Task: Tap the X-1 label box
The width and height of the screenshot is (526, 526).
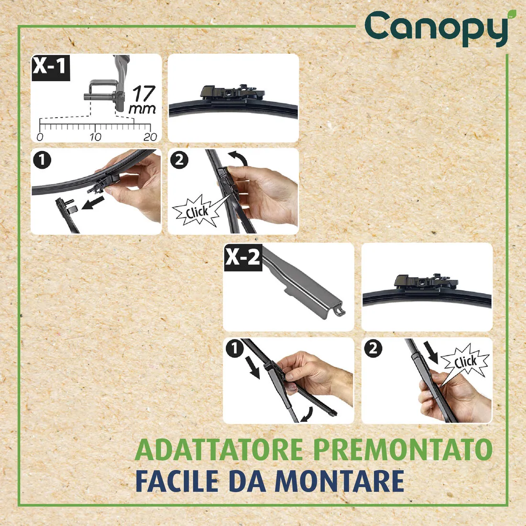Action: coord(50,66)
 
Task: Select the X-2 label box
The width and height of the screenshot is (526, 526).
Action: coord(243,258)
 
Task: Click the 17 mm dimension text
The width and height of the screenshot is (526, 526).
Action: coord(142,99)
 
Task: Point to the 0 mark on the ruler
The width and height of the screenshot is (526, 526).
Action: coord(40,137)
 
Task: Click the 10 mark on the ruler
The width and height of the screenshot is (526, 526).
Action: coord(95,137)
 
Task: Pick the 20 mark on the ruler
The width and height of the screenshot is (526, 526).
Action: coord(150,137)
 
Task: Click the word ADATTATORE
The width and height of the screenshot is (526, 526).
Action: coord(219,449)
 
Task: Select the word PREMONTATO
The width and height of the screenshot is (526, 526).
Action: coord(403,449)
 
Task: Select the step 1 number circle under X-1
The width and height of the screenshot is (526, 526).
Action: coord(42,160)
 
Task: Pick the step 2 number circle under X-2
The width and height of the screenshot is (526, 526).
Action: coord(373,349)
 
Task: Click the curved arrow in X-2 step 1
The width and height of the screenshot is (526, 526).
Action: coord(306,414)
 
